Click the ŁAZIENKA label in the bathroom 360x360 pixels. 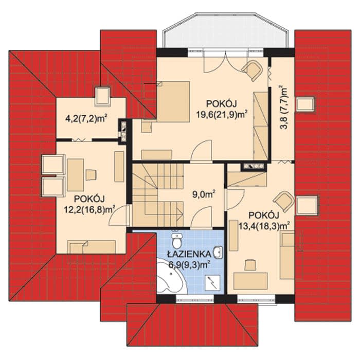[x=189, y=254]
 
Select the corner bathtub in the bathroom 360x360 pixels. [x=172, y=276]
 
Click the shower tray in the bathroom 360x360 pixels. [x=212, y=283]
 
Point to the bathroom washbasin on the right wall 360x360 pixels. [x=219, y=253]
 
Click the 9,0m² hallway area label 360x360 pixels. [x=204, y=195]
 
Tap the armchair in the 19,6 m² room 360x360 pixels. [x=253, y=70]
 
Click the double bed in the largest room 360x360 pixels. [x=173, y=102]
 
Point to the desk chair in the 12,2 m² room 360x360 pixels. [x=91, y=175]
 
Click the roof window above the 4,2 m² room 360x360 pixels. [x=103, y=97]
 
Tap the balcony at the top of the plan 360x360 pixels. [x=225, y=31]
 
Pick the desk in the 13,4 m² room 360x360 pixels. [x=250, y=281]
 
